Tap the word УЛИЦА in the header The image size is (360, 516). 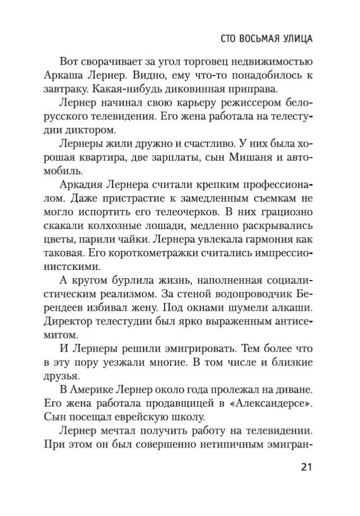293,39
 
